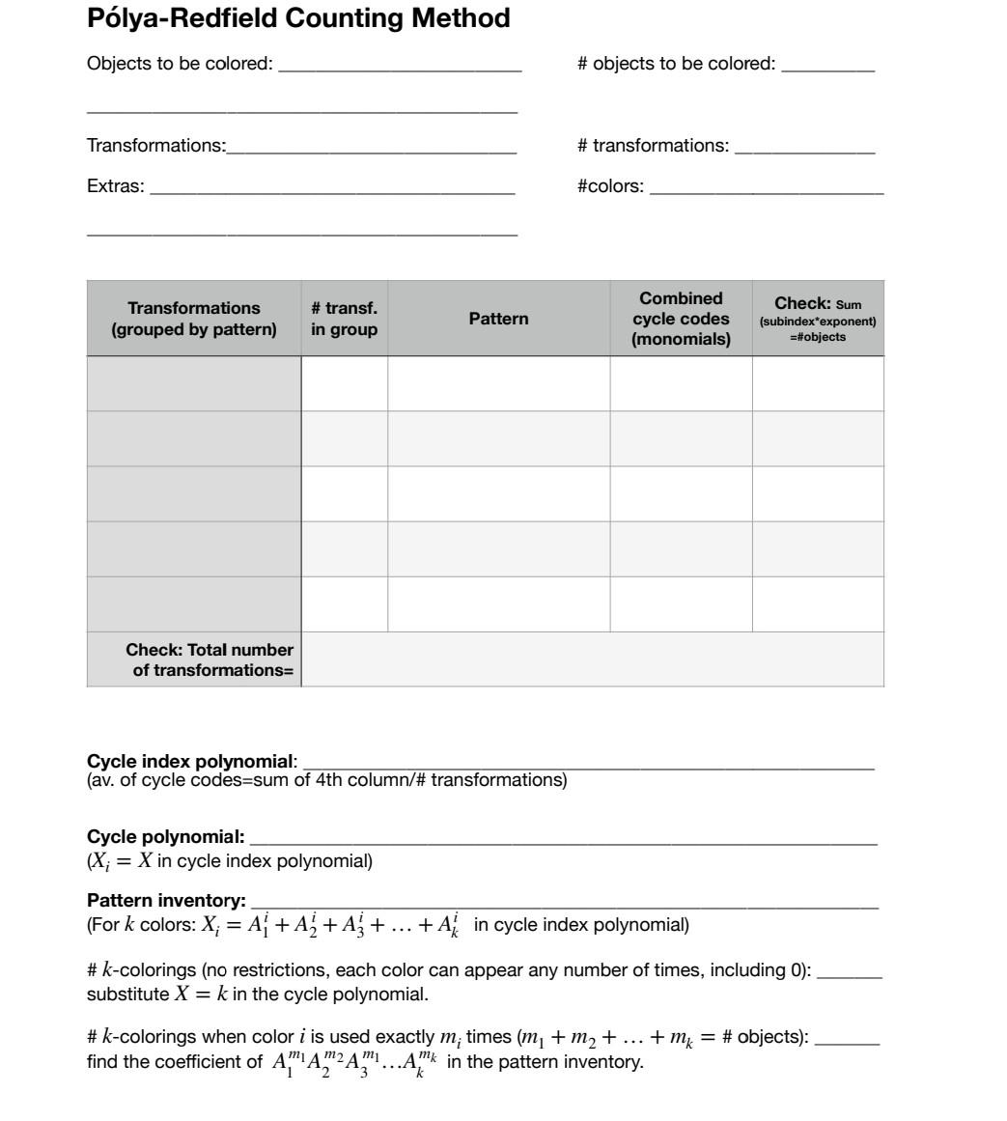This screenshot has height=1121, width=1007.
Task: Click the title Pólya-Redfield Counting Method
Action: pyautogui.click(x=298, y=18)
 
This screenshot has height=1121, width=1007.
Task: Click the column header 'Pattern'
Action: pyautogui.click(x=498, y=319)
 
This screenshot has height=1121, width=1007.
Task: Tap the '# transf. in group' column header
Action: pyautogui.click(x=344, y=319)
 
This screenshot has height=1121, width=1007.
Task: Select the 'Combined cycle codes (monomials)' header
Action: pyautogui.click(x=681, y=319)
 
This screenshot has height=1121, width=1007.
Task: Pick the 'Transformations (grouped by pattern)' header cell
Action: pyautogui.click(x=194, y=319)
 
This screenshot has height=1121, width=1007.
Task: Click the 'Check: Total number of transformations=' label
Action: pyautogui.click(x=209, y=659)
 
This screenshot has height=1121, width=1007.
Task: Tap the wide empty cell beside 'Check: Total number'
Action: pyautogui.click(x=592, y=659)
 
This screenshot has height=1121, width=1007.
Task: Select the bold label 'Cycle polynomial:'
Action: pyautogui.click(x=165, y=836)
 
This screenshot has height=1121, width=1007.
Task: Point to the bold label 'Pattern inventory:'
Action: pyautogui.click(x=166, y=901)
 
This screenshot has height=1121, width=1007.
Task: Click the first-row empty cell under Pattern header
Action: pyautogui.click(x=498, y=383)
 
